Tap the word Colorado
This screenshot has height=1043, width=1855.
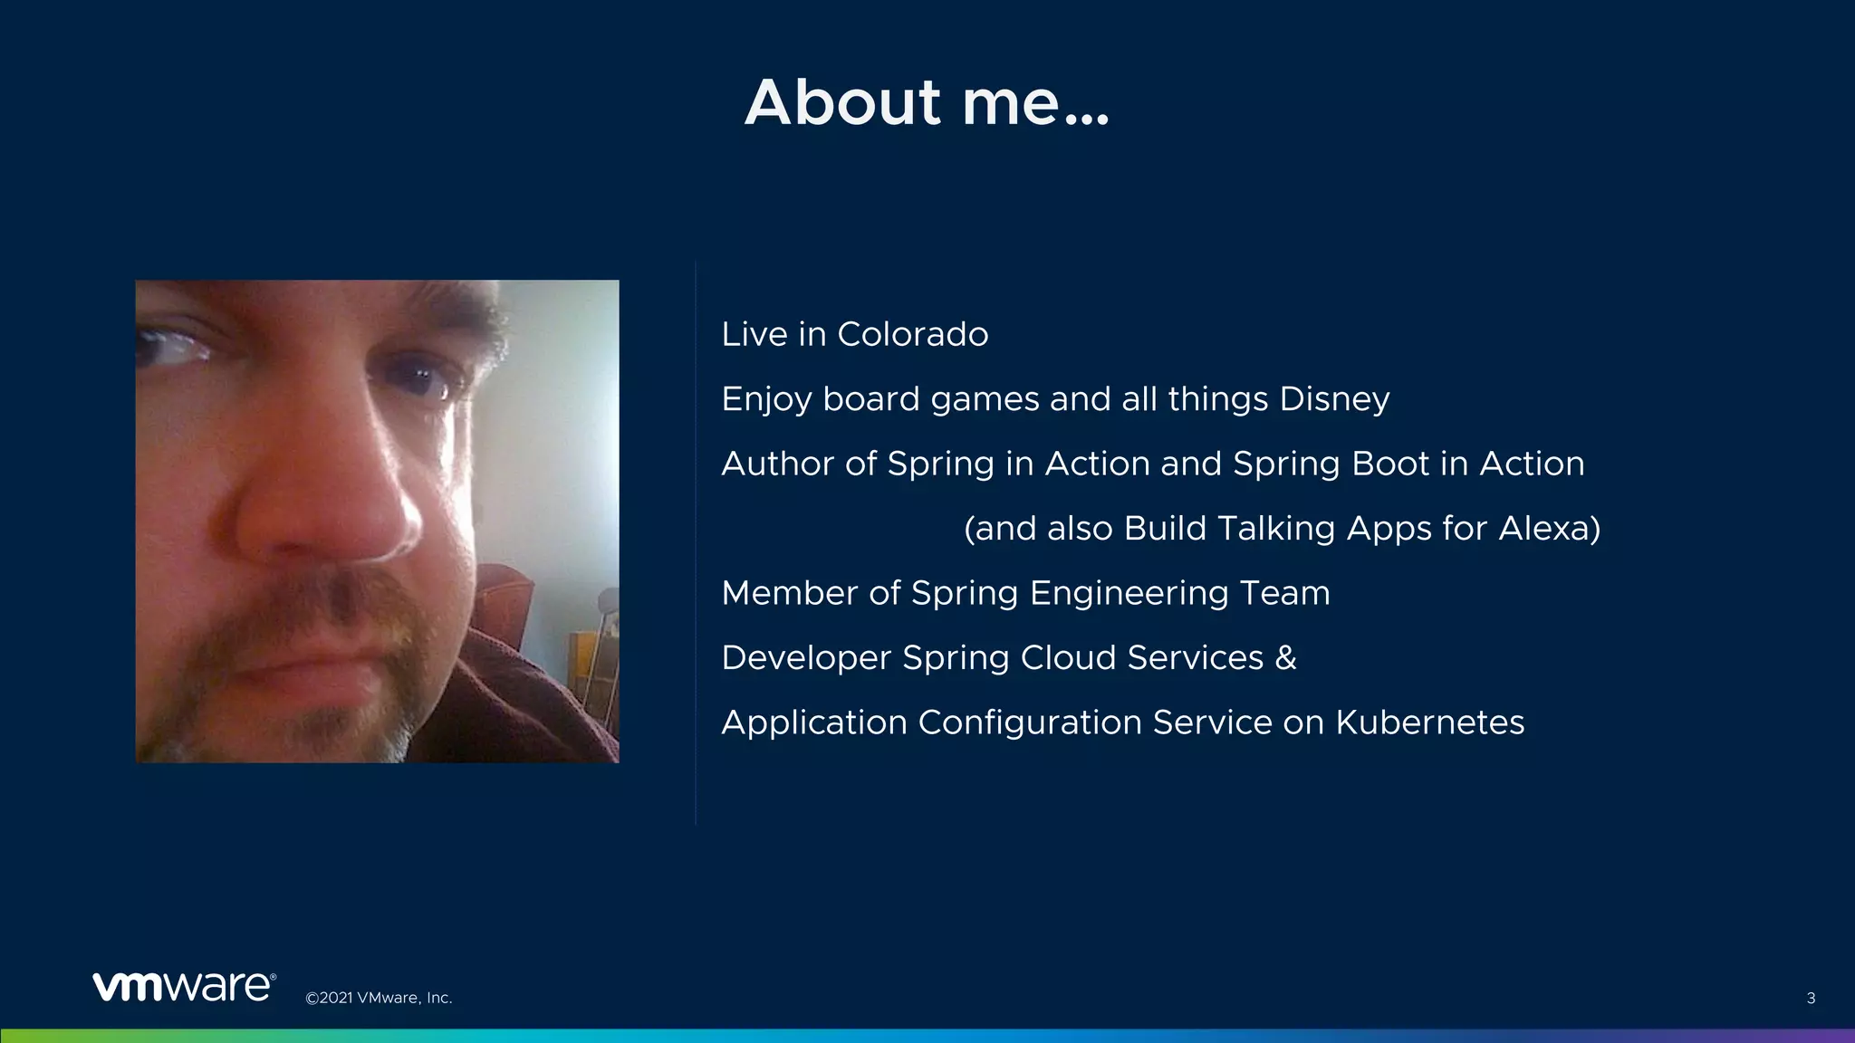click(x=912, y=334)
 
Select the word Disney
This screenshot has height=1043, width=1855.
click(x=1334, y=399)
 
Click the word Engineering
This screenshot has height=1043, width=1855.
click(x=1129, y=593)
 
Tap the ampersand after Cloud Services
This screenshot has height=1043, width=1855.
click(x=1286, y=658)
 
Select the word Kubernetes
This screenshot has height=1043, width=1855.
click(x=1429, y=722)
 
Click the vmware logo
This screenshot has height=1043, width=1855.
click(x=184, y=986)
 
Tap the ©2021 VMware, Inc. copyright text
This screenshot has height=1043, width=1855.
click(x=379, y=998)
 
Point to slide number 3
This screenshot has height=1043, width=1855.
click(x=1811, y=999)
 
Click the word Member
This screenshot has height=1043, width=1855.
click(x=789, y=593)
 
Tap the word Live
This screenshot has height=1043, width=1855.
click(x=754, y=334)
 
